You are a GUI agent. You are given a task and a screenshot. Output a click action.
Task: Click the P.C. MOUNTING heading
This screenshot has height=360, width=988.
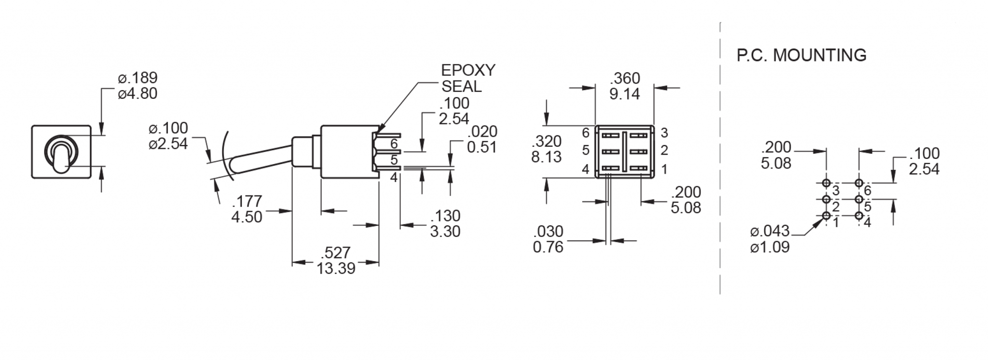(801, 55)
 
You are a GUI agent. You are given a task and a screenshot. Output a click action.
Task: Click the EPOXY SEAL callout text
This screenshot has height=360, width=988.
(467, 78)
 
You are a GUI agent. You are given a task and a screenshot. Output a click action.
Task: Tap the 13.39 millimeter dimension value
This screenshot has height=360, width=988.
(336, 268)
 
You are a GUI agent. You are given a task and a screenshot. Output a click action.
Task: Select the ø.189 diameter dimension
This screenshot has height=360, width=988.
(138, 78)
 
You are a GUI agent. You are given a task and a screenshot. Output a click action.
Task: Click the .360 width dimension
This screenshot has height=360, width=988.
(625, 78)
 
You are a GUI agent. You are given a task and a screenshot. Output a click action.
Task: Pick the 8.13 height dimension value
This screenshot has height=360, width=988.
(546, 157)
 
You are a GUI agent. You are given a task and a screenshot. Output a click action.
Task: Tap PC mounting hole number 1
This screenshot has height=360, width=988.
(826, 216)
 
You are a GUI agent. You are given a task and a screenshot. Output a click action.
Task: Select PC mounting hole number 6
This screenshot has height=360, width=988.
(859, 183)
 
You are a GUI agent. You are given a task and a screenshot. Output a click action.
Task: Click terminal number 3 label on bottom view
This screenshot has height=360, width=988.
(664, 133)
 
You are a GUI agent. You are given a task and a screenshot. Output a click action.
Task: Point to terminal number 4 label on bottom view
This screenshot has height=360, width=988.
(585, 169)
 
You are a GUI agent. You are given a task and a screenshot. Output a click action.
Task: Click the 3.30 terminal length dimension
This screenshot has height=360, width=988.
(445, 231)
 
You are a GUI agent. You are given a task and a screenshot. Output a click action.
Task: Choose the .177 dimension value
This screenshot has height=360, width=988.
(247, 201)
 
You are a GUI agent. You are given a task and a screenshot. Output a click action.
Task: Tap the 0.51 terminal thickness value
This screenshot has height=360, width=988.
(481, 147)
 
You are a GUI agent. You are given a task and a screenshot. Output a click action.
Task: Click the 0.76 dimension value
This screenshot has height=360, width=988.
(548, 247)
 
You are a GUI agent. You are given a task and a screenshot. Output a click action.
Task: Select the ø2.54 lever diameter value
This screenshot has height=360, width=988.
(168, 144)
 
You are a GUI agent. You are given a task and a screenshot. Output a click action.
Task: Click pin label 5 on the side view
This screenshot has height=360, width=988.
(394, 160)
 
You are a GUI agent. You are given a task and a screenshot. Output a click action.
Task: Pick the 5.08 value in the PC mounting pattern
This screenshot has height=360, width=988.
(776, 164)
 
